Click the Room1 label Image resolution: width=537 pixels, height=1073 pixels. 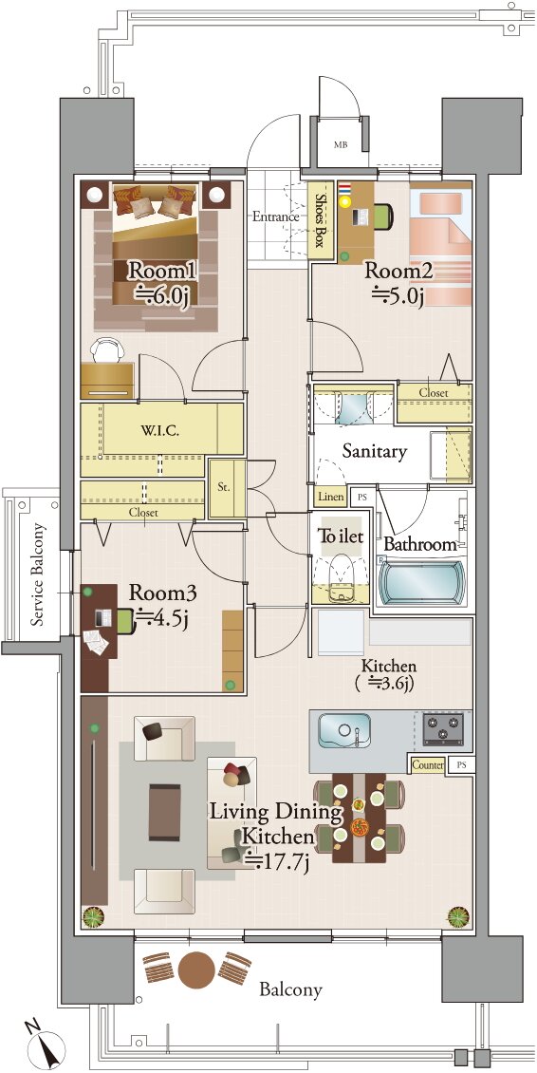click(x=163, y=272)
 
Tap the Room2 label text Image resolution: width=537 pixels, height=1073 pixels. click(x=398, y=271)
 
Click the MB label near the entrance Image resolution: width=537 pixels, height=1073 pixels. click(x=340, y=145)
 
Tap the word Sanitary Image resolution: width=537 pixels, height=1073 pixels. click(x=374, y=451)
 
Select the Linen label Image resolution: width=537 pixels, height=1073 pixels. click(x=330, y=496)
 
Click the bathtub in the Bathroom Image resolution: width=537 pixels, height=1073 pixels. click(x=422, y=582)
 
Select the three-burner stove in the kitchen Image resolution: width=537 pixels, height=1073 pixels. click(x=443, y=728)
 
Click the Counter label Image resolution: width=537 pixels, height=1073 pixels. click(x=428, y=765)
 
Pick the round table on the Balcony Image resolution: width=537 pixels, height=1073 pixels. click(x=196, y=969)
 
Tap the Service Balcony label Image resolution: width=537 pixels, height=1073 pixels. click(x=38, y=574)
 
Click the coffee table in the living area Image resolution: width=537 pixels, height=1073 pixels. click(x=165, y=813)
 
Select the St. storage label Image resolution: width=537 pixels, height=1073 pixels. click(x=224, y=489)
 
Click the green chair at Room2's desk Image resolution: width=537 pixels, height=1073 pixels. click(x=382, y=216)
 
